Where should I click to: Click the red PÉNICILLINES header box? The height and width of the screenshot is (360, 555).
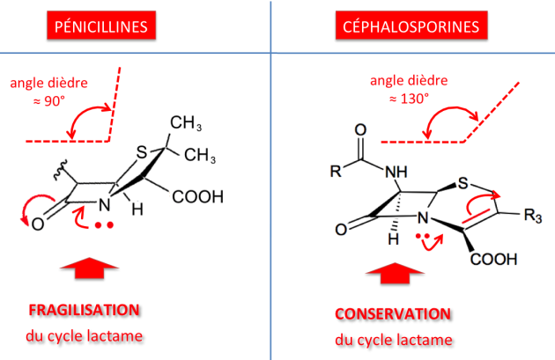point(101,26)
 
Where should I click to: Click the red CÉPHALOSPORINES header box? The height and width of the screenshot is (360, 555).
point(411,26)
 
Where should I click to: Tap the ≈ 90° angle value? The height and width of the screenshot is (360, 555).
point(49,101)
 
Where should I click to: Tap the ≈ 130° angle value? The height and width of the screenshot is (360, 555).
point(409,99)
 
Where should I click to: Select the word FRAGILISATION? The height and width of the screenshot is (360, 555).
point(85,310)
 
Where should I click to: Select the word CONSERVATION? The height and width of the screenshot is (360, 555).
point(393,314)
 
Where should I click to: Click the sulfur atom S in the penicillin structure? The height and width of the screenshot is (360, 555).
point(141,152)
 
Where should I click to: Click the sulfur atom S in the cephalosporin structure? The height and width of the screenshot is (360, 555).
point(463,183)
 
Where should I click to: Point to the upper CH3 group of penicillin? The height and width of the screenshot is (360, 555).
point(186,123)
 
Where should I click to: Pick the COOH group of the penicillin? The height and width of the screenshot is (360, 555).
point(198,197)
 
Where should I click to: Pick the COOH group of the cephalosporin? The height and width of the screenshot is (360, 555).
point(493,259)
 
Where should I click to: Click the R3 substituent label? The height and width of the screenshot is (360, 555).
point(533,215)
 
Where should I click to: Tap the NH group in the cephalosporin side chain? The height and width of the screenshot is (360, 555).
point(396,173)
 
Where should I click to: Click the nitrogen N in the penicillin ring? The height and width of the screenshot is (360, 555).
point(105,205)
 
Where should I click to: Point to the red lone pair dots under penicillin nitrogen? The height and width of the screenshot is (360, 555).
point(104,225)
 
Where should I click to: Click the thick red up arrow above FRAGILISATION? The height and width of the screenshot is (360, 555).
point(89,268)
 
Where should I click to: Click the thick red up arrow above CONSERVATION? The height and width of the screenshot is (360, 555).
point(395,274)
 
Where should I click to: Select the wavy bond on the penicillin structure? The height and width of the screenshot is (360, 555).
point(60,170)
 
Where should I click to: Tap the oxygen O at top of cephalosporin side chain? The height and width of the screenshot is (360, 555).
point(360,130)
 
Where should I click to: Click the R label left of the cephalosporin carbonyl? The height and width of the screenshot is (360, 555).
point(336,171)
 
